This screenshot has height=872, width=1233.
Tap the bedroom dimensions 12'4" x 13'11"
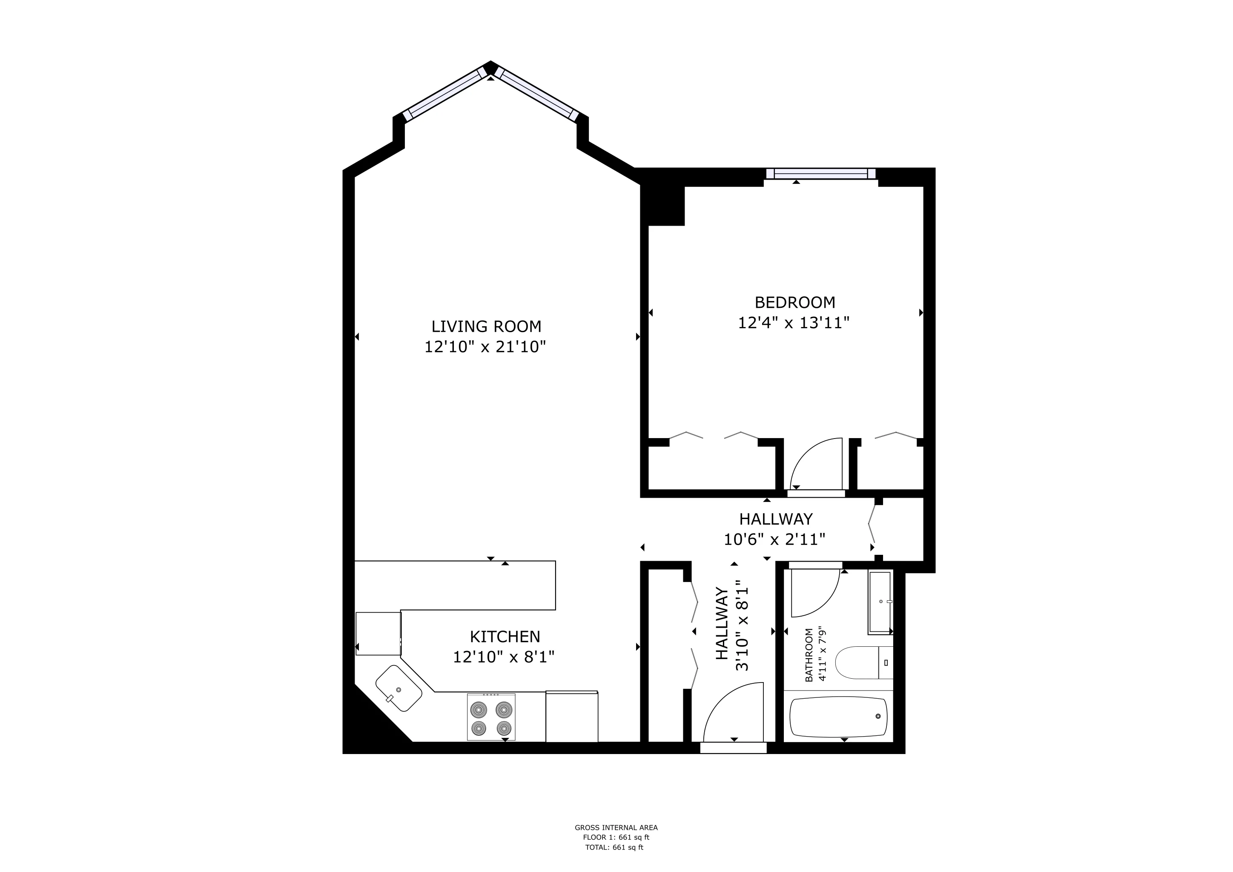(x=794, y=323)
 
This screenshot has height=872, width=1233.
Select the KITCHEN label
(x=505, y=637)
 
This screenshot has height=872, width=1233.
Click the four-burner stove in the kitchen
(x=491, y=717)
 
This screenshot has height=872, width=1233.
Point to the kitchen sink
(x=398, y=688)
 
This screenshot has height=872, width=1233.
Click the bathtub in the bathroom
(x=838, y=717)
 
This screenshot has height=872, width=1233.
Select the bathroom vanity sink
(x=880, y=602)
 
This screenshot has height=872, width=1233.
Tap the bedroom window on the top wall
(x=820, y=173)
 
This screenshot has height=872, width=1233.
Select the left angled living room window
(x=444, y=93)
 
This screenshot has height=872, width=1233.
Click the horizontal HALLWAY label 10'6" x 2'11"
(x=775, y=529)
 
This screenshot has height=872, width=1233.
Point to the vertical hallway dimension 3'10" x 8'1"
(x=742, y=625)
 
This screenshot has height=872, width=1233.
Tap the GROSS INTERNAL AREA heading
(x=616, y=827)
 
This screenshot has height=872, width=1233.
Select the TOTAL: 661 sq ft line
(x=614, y=847)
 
